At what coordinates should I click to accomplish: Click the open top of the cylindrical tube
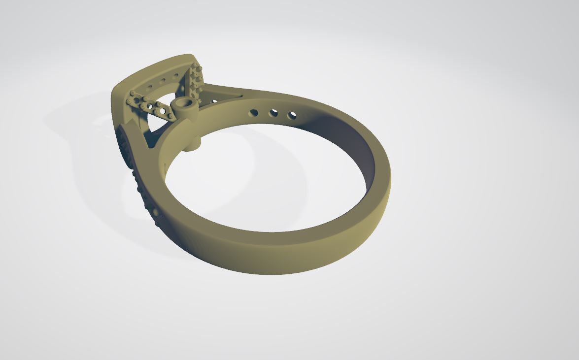[184, 103]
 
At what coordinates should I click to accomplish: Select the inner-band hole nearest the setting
[253, 113]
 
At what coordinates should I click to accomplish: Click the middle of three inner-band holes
[273, 114]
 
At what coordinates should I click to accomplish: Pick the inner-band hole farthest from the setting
[292, 116]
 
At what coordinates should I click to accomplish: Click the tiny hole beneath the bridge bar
[214, 101]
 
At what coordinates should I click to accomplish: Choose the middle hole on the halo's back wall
[163, 80]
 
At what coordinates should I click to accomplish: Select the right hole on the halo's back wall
[176, 76]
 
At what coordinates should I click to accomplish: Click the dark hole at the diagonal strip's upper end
[136, 100]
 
